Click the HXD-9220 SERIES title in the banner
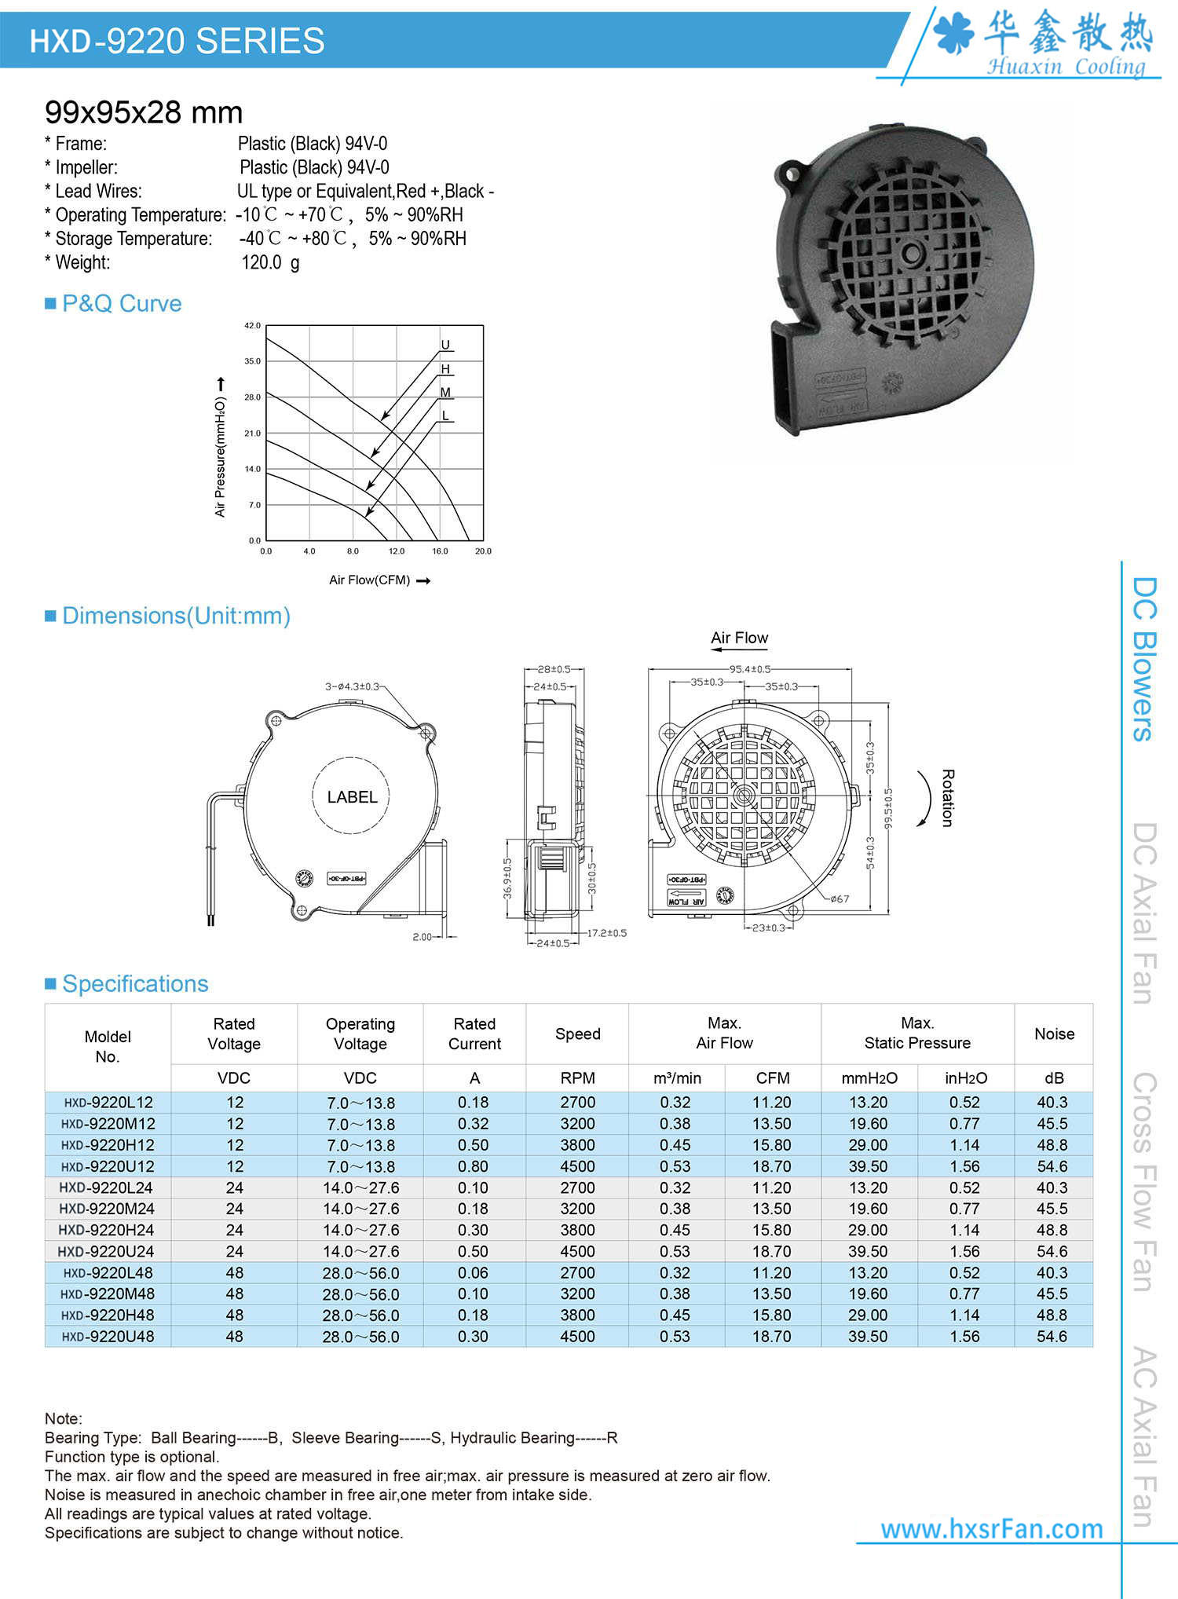tap(177, 41)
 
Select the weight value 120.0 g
tap(270, 262)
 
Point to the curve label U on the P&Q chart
tap(445, 345)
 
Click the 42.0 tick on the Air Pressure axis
tap(252, 325)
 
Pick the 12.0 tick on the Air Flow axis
tap(397, 551)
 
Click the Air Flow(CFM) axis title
tap(369, 580)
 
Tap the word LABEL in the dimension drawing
tap(352, 797)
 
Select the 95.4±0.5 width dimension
tap(749, 669)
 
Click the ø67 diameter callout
tap(840, 899)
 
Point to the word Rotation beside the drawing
tap(947, 798)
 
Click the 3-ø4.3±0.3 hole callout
tap(352, 686)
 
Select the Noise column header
tap(1054, 1034)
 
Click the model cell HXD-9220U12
tap(108, 1167)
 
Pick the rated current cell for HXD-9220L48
tap(474, 1273)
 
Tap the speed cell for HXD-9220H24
tap(577, 1231)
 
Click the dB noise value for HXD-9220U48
tap(1052, 1337)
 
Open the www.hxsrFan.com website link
tap(991, 1529)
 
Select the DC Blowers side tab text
tap(1143, 659)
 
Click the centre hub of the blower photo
tap(912, 253)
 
